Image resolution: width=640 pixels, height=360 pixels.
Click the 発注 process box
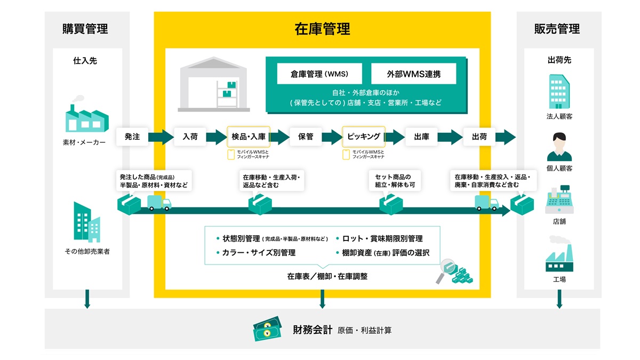click(132, 137)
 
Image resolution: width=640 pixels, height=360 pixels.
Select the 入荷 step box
click(190, 137)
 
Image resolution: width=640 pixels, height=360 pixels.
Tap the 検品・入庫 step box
click(249, 137)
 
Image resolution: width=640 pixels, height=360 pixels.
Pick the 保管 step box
click(306, 137)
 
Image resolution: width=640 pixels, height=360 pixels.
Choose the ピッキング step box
click(364, 137)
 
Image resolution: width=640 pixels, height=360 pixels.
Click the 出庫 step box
click(421, 137)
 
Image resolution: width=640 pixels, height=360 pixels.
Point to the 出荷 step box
click(479, 137)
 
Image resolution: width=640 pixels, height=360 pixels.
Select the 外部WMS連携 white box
click(413, 74)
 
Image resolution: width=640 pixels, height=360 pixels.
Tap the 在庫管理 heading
click(322, 29)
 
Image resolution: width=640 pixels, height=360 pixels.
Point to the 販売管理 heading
click(557, 29)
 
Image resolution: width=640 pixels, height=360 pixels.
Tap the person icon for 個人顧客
click(559, 147)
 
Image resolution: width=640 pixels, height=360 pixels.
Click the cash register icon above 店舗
click(559, 199)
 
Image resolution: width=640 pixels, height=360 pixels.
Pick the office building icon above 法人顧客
click(559, 91)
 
